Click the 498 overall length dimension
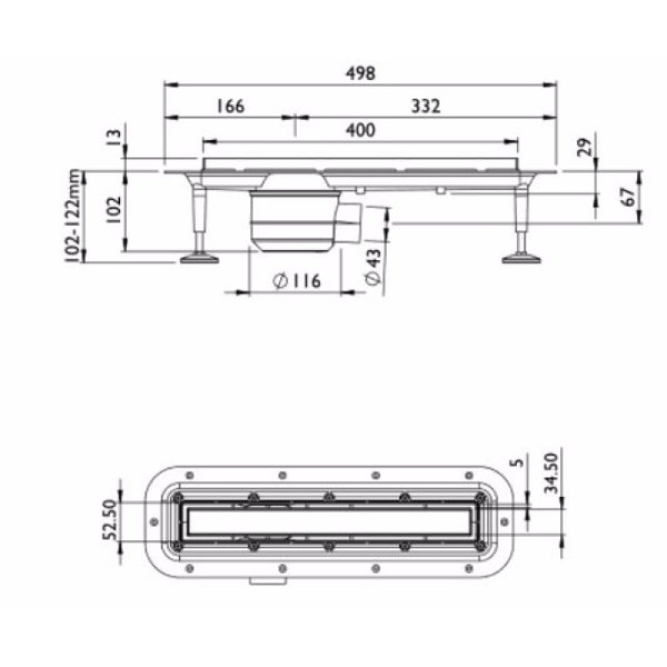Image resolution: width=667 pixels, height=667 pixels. [360, 73]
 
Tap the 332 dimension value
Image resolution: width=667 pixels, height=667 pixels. [424, 106]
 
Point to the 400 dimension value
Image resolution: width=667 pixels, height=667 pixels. [360, 129]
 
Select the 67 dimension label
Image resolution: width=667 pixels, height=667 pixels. [629, 197]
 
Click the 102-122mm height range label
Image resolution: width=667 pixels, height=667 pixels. [76, 216]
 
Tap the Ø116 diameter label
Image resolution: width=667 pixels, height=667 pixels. [296, 282]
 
